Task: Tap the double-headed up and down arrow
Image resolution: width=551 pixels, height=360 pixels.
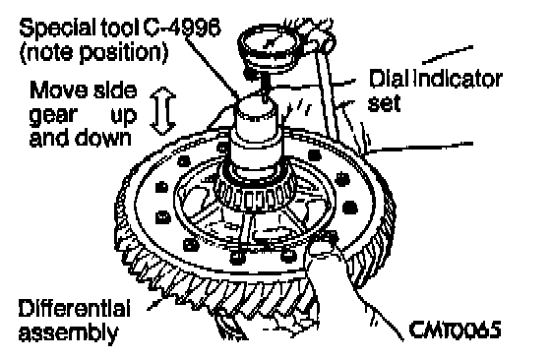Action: tap(162, 111)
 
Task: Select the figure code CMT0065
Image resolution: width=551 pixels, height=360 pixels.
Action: tap(455, 330)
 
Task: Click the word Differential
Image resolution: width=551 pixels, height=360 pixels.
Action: tap(74, 309)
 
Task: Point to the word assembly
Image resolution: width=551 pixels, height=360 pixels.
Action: tap(69, 332)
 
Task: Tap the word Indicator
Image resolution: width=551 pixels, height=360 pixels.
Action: tap(458, 79)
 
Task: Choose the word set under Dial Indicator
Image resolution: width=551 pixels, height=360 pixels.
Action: tap(384, 103)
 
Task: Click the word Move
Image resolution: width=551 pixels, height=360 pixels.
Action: tap(59, 90)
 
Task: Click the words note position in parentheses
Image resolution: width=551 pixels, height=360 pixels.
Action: tap(93, 53)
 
